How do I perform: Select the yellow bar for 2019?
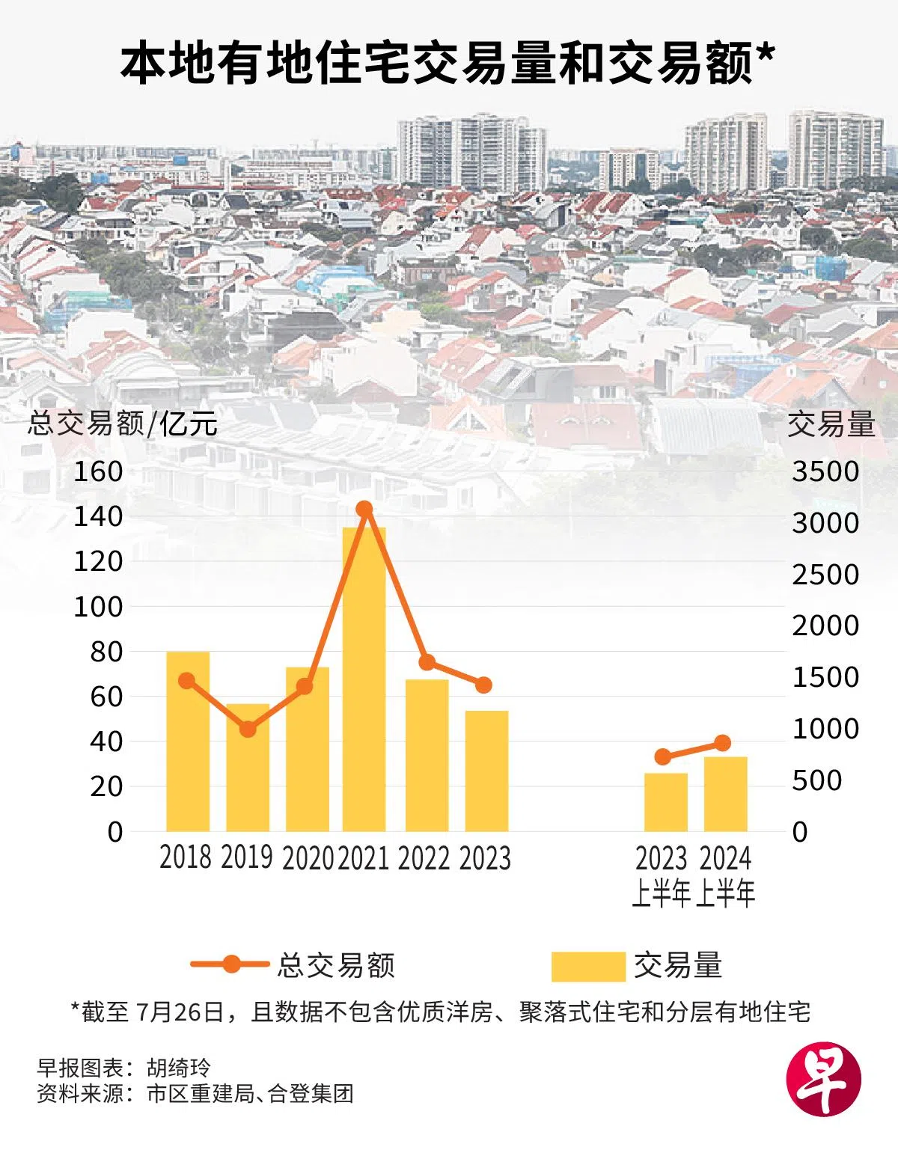[248, 767]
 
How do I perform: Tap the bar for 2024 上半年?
[725, 794]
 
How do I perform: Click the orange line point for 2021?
[364, 510]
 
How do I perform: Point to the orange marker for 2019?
[248, 729]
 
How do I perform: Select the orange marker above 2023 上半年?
[662, 756]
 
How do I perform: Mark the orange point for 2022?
[427, 662]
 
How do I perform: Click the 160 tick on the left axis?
[98, 471]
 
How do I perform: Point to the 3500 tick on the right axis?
[825, 471]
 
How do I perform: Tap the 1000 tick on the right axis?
[825, 729]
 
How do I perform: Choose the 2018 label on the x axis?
[186, 857]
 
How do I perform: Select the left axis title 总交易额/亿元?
[123, 423]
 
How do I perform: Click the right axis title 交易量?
[831, 424]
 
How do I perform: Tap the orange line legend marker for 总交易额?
[231, 964]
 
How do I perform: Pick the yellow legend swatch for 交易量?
[587, 966]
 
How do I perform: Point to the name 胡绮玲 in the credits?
[179, 1067]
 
